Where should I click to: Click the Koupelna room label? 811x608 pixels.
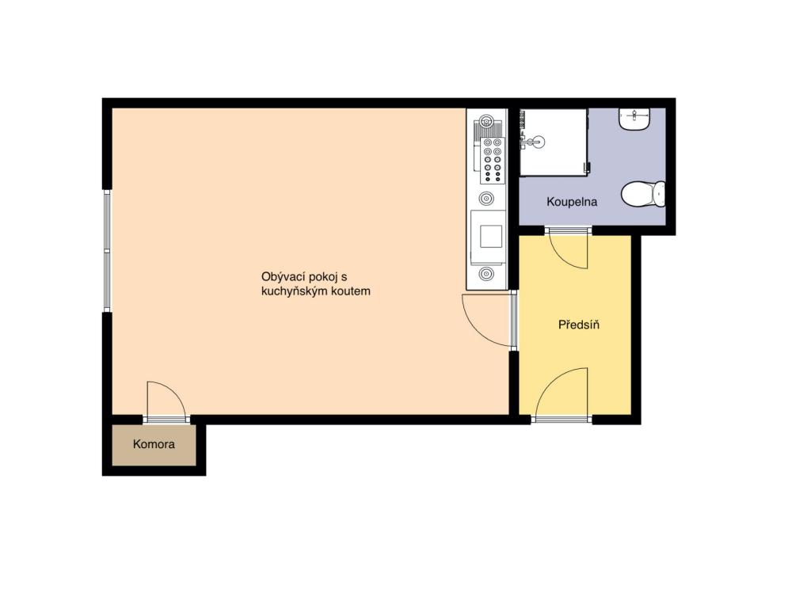click(x=572, y=202)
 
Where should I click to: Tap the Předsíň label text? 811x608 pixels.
click(x=579, y=325)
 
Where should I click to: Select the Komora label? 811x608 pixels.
click(x=154, y=444)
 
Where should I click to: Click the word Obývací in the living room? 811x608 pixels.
click(x=283, y=276)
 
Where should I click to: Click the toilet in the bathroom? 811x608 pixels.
click(x=643, y=194)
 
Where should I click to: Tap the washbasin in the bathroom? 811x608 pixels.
click(x=634, y=120)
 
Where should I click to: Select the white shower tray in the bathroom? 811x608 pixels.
click(x=553, y=142)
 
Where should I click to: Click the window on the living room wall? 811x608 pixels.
click(x=107, y=251)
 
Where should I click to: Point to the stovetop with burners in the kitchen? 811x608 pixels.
click(x=492, y=160)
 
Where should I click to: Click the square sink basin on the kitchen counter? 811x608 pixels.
click(x=491, y=236)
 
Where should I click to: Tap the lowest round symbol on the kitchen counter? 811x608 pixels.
click(x=485, y=273)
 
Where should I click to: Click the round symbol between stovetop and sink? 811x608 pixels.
click(x=485, y=198)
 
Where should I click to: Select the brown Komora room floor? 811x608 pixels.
click(x=154, y=445)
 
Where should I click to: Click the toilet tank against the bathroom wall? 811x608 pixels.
click(x=660, y=194)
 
